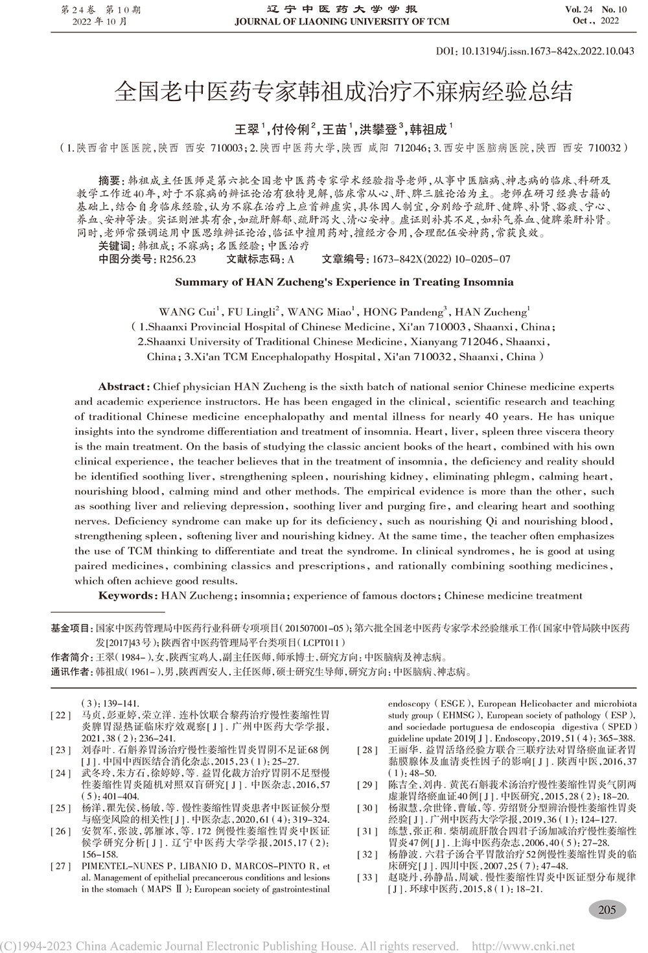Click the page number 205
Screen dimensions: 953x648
607,910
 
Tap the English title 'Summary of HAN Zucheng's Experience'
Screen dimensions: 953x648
344,282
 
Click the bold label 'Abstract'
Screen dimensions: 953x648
124,387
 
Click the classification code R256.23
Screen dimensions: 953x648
176,259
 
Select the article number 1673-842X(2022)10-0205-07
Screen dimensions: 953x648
438,259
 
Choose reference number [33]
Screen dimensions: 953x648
367,877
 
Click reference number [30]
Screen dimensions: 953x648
367,808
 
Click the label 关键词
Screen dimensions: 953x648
113,247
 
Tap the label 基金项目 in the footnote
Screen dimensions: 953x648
71,628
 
